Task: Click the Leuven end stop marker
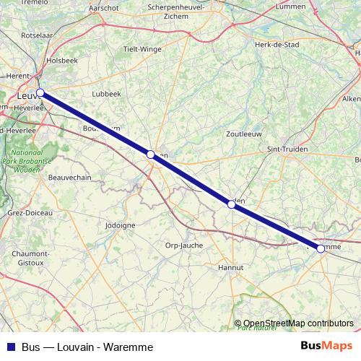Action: (x=40, y=92)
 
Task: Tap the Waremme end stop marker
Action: (x=321, y=248)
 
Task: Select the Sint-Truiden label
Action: (x=287, y=149)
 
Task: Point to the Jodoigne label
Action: (x=120, y=225)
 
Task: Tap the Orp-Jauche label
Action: (x=184, y=244)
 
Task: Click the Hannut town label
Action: (x=230, y=267)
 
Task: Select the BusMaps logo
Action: (x=326, y=346)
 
